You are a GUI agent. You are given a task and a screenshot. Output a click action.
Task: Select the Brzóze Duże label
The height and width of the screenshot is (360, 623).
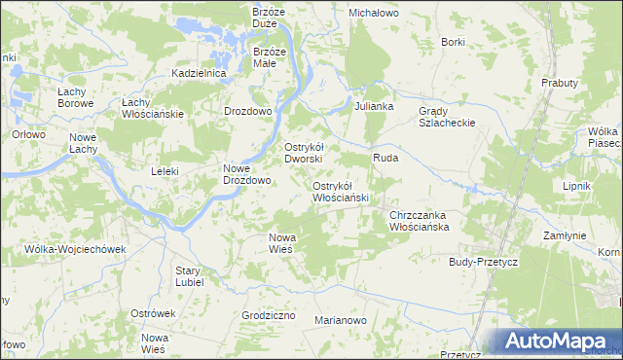268,18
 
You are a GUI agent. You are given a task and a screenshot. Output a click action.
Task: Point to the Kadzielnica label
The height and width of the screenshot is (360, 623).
199,73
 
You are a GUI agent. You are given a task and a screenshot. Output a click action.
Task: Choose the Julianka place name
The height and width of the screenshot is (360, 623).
374,105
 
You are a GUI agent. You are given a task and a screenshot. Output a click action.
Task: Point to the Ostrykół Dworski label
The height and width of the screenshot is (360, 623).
310,153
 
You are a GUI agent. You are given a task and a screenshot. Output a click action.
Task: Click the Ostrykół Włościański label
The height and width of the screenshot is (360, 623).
340,192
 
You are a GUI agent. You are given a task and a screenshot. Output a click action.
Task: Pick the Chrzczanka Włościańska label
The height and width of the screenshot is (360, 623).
418,221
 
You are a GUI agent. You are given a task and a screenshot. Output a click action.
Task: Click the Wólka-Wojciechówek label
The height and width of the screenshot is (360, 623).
77,249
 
